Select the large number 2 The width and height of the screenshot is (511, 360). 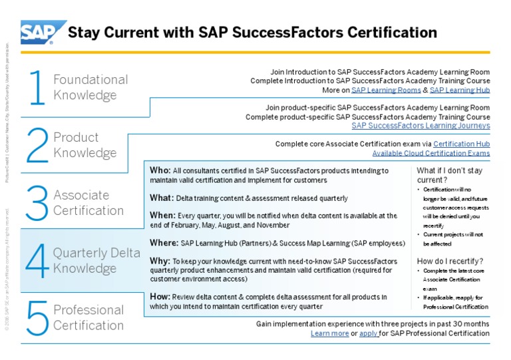[37, 145]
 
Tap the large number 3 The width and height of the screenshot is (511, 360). [37, 203]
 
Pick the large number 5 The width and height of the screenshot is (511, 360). [37, 317]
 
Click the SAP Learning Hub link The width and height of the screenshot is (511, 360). [460, 90]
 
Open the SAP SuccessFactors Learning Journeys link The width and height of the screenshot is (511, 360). [421, 125]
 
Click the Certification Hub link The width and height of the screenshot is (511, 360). [461, 144]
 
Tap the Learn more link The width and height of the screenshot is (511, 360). [329, 333]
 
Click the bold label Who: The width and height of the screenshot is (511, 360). [160, 170]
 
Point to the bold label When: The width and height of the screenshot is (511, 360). [163, 215]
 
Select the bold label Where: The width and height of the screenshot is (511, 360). [164, 242]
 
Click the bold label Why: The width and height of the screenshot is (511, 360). [160, 261]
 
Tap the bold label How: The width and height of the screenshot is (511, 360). [160, 297]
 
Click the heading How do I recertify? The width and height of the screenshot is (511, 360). [450, 261]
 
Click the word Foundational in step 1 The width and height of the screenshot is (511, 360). [90, 79]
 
